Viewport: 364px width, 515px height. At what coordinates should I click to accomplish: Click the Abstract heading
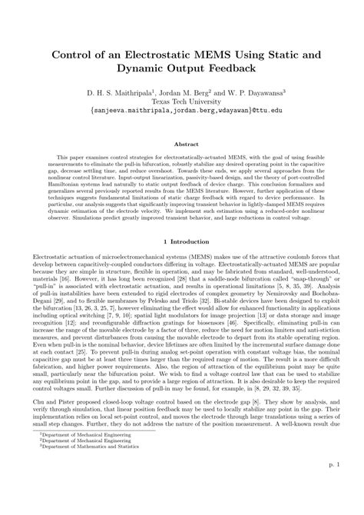click(182, 143)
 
